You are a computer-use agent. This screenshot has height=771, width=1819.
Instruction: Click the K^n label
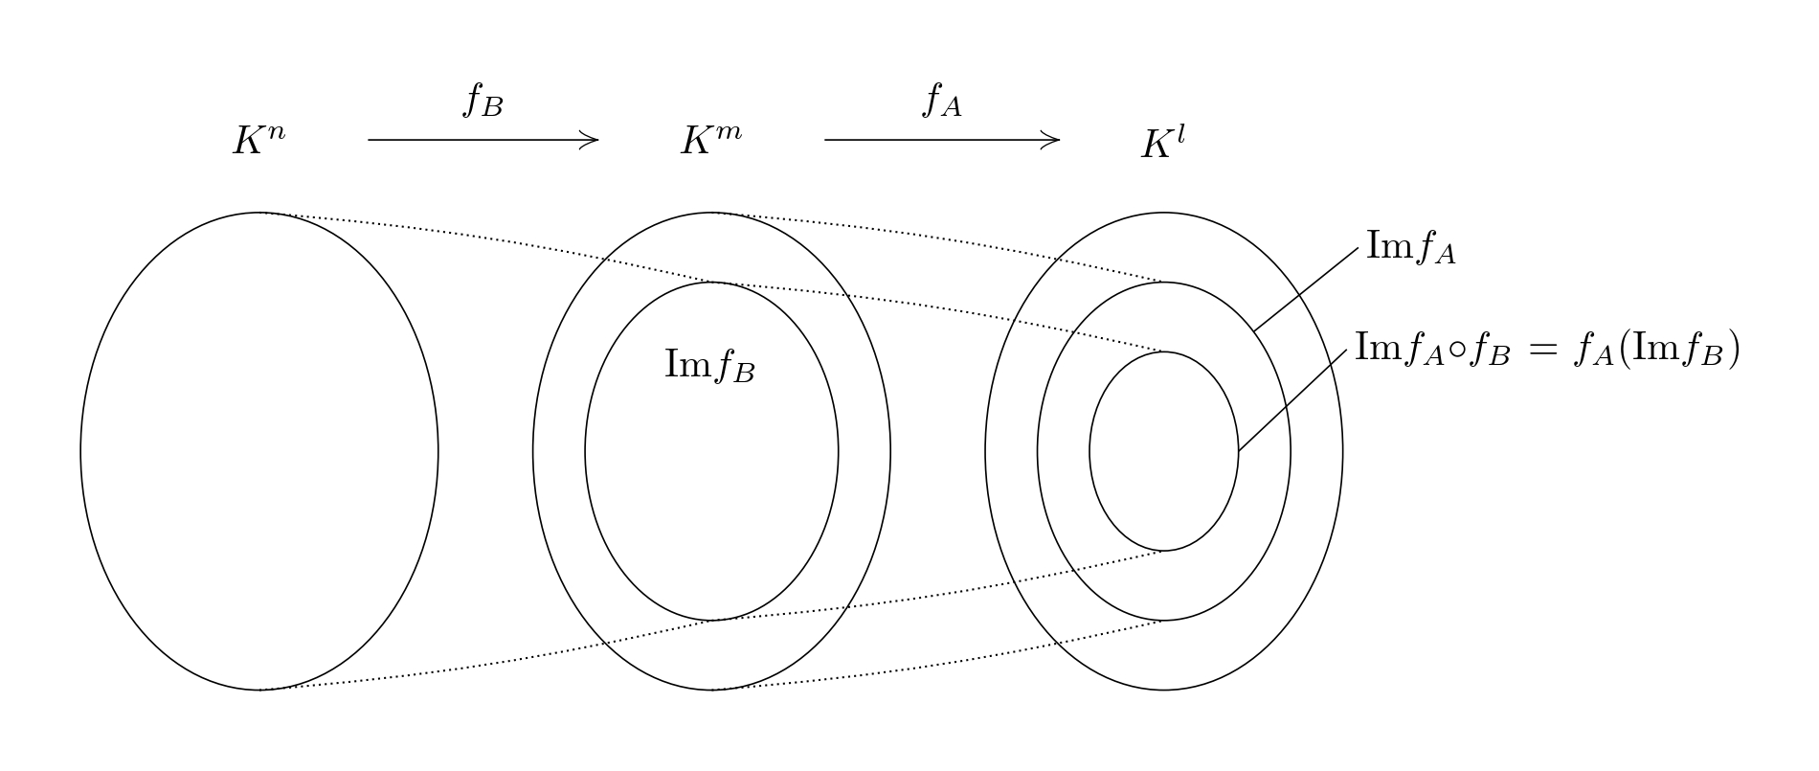[258, 141]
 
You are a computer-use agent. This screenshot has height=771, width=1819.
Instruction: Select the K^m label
[710, 141]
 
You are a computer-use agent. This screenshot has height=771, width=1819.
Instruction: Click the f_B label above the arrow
[483, 100]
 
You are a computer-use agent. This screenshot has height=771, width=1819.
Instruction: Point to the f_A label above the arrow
[941, 100]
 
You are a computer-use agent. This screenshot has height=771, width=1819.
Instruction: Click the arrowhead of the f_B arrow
[594, 140]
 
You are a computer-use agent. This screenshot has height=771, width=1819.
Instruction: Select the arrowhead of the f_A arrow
[1055, 140]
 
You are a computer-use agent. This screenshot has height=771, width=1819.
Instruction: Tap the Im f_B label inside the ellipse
[709, 365]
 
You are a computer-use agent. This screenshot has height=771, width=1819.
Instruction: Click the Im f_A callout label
[1410, 247]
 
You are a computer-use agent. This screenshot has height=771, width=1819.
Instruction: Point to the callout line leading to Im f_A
[1306, 290]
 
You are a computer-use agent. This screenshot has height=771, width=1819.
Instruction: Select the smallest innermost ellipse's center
[1163, 451]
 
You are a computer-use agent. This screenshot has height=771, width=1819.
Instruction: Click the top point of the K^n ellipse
[259, 213]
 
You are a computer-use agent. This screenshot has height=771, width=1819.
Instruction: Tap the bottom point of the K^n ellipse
[259, 690]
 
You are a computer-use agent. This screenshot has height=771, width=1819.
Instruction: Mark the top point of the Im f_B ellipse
[711, 283]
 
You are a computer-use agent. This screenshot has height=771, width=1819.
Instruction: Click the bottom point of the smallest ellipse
[1163, 551]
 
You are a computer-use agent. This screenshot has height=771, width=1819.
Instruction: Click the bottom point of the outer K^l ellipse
[1163, 690]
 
